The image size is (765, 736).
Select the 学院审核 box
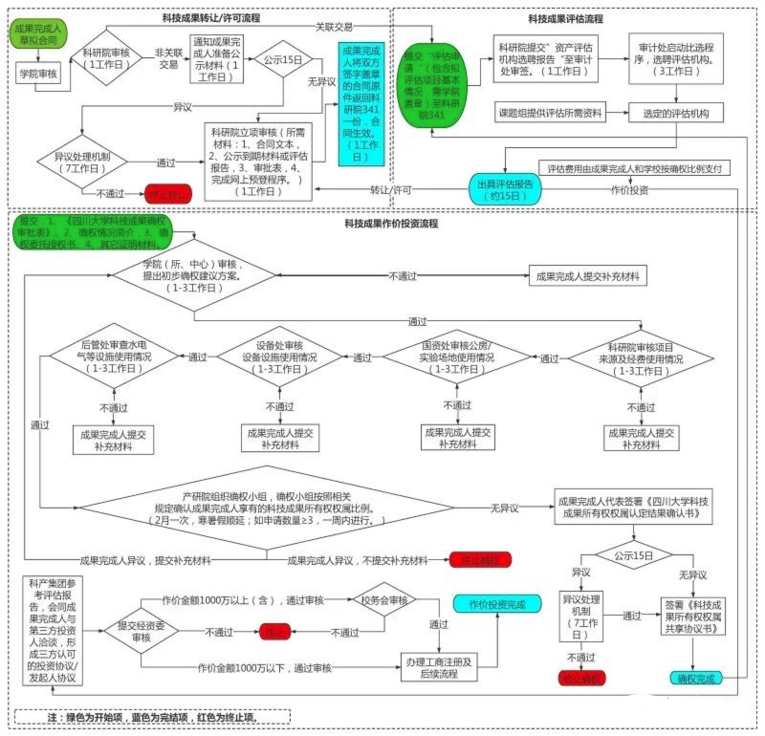(38, 73)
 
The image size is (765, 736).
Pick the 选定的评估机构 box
(674, 113)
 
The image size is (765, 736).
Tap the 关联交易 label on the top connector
(335, 26)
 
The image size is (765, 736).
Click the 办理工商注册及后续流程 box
(439, 666)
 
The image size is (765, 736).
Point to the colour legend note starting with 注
(153, 716)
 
